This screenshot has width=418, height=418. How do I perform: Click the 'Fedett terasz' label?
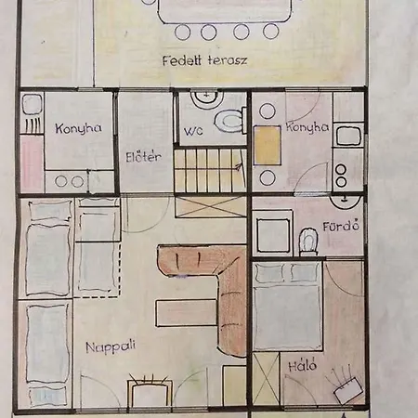point(205,60)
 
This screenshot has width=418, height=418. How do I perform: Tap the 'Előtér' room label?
point(143,157)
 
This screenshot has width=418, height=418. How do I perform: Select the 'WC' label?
point(193,131)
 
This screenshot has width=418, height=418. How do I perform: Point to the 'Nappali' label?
point(111,346)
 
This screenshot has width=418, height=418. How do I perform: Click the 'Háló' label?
point(303,365)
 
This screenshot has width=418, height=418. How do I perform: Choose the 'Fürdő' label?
point(341,226)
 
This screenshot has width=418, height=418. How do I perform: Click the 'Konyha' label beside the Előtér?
point(79,128)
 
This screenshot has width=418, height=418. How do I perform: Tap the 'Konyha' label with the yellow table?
point(307,127)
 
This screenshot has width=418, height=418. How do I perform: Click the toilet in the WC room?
point(229,121)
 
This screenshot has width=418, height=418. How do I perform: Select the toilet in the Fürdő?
point(308,242)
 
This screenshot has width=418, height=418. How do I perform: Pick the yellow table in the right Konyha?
point(268,146)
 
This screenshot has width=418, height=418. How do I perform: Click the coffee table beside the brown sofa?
point(186,313)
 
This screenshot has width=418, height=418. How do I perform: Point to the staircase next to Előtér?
point(211,170)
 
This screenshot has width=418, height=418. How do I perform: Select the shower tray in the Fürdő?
point(272,232)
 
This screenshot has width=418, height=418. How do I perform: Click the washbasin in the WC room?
point(207,98)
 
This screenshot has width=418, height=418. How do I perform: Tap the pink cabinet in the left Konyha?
point(32,163)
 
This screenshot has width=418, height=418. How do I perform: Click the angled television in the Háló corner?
point(348,391)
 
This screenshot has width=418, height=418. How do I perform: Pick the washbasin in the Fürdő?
point(345,202)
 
